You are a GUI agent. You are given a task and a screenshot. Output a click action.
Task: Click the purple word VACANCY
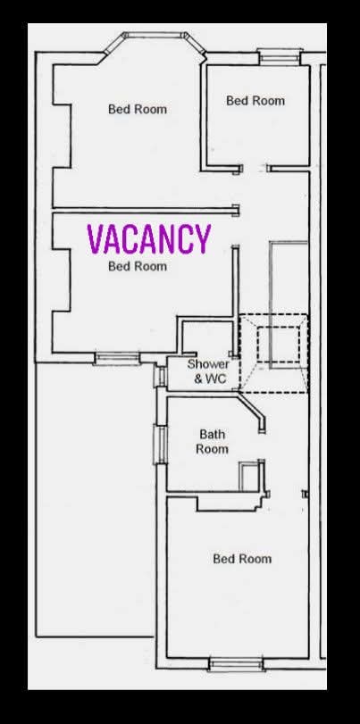(148, 239)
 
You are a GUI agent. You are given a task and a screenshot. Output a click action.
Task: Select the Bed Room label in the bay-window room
(138, 110)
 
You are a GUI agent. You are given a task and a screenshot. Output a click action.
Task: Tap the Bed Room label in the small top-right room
(255, 101)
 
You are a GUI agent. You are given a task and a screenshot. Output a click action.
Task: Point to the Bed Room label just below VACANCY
(138, 266)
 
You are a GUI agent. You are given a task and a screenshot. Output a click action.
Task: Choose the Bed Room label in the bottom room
(242, 559)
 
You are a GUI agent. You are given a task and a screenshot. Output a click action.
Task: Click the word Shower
(208, 364)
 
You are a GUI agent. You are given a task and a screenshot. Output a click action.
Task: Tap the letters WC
(218, 379)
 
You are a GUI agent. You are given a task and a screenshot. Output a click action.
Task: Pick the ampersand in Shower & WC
(199, 379)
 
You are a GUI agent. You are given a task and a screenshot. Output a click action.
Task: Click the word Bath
(213, 435)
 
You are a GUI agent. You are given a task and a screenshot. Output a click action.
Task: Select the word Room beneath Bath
(213, 449)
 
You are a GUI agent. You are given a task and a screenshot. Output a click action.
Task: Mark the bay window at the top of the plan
(149, 41)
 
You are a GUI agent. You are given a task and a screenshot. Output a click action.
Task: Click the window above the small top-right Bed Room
(275, 55)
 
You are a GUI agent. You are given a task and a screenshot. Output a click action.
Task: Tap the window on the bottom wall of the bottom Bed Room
(236, 663)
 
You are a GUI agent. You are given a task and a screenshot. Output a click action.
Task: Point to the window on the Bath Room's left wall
(162, 445)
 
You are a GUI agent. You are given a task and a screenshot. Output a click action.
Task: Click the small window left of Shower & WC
(162, 375)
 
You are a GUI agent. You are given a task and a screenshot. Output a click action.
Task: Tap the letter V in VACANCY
(96, 239)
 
